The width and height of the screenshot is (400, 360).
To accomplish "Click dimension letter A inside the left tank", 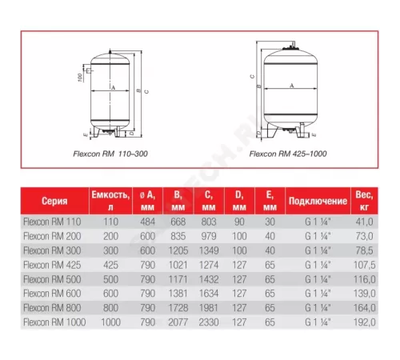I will tap(114, 86).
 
